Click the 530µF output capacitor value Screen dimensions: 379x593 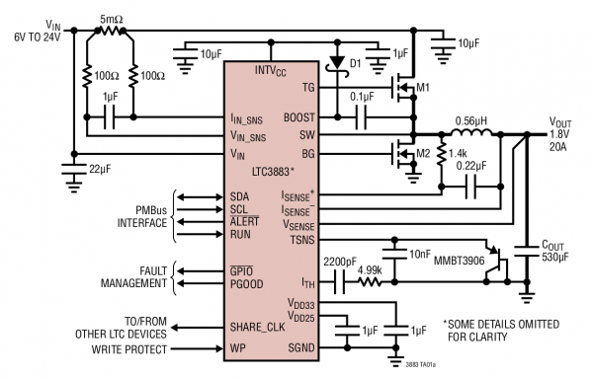[x=556, y=259]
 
